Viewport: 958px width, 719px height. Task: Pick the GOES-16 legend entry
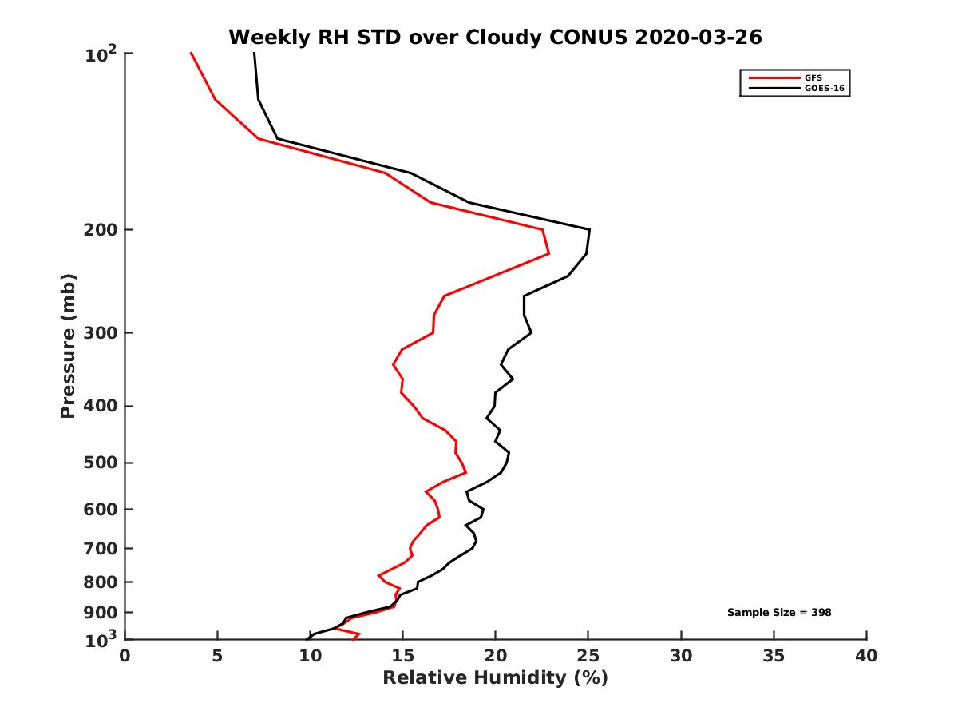pyautogui.click(x=824, y=89)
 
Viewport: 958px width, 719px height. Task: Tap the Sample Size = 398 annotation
pyautogui.click(x=779, y=613)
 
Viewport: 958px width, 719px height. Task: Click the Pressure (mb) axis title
pyautogui.click(x=68, y=345)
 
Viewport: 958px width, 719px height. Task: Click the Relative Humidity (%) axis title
pyautogui.click(x=495, y=678)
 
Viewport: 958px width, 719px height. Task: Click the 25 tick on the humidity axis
pyautogui.click(x=588, y=657)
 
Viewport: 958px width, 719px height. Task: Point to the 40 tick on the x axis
pyautogui.click(x=866, y=657)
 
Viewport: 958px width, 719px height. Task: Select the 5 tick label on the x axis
pyautogui.click(x=217, y=657)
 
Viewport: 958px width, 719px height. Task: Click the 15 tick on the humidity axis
pyautogui.click(x=403, y=657)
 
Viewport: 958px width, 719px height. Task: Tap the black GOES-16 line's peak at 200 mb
pyautogui.click(x=589, y=230)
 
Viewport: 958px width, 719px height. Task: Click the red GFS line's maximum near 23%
pyautogui.click(x=548, y=254)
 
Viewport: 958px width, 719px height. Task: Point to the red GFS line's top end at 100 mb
pyautogui.click(x=191, y=53)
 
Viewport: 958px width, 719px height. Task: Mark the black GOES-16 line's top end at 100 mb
pyautogui.click(x=254, y=53)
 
